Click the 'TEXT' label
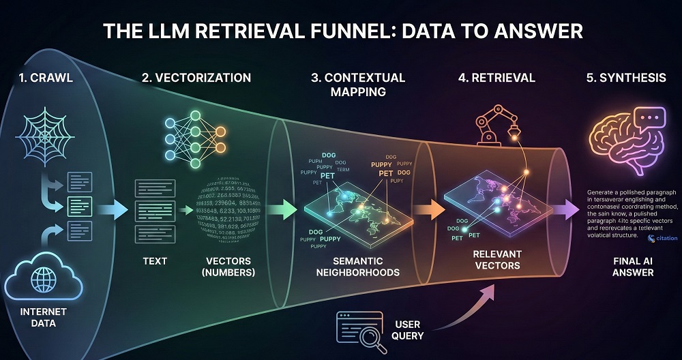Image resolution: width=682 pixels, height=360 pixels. tap(155, 260)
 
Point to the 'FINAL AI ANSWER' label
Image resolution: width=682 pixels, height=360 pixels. tap(623, 267)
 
